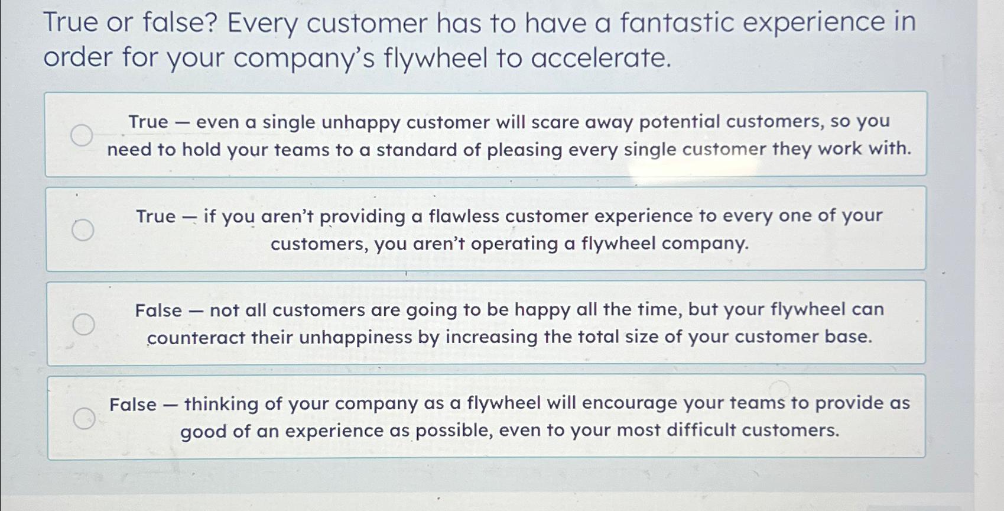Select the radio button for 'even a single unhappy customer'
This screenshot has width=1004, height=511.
click(x=82, y=135)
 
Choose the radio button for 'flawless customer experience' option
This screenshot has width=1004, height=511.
click(x=83, y=230)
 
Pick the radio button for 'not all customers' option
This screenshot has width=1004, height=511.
click(x=84, y=324)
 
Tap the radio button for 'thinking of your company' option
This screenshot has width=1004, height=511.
click(x=85, y=419)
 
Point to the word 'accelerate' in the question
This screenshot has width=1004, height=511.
click(x=601, y=58)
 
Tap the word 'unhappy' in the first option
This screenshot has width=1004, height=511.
click(x=361, y=123)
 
